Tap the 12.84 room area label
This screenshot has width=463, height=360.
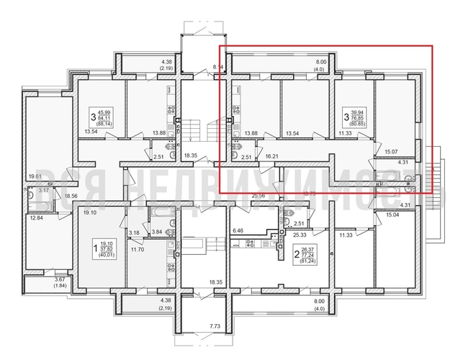pos(35,218)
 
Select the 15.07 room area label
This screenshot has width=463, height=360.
pos(392,152)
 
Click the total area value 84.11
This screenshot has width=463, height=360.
pos(105,119)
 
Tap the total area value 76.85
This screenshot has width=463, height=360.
pos(357,119)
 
